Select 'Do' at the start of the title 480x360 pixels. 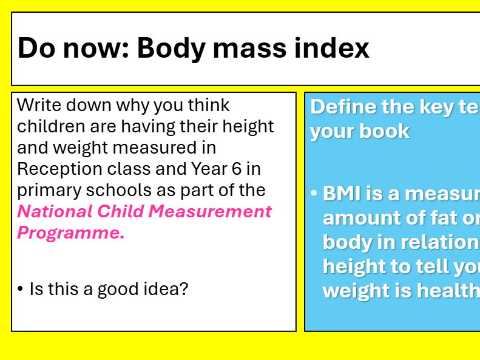pyautogui.click(x=36, y=48)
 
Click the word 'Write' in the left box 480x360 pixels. pyautogui.click(x=38, y=105)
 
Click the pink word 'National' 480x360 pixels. pyautogui.click(x=55, y=211)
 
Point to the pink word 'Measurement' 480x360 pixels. pyautogui.click(x=210, y=211)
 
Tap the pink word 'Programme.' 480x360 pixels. pyautogui.click(x=70, y=233)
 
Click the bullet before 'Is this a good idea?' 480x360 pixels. pyautogui.click(x=21, y=290)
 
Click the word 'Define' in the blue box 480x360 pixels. pyautogui.click(x=343, y=107)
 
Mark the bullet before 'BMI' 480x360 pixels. pyautogui.click(x=314, y=194)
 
